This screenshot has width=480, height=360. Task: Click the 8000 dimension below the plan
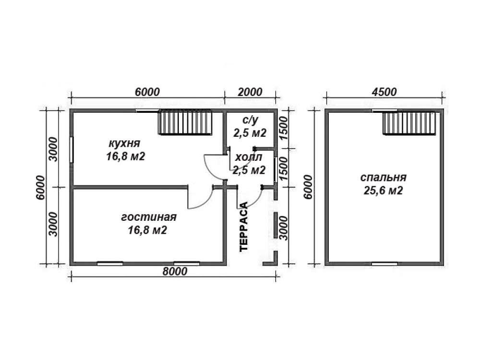175,271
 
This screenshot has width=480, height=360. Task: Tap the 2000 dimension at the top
250,92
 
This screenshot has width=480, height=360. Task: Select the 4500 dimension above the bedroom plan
384,92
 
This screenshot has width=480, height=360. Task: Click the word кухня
124,143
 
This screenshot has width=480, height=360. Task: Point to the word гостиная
149,217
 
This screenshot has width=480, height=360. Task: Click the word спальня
383,177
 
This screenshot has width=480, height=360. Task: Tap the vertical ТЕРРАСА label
244,227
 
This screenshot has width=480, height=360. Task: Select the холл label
249,157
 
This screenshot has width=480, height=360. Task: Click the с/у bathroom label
250,120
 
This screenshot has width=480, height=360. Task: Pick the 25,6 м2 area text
383,191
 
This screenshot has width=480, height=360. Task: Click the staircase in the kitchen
185,122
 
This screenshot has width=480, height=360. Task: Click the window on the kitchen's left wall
72,150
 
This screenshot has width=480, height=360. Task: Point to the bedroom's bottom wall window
384,263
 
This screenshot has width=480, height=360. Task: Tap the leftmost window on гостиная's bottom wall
110,263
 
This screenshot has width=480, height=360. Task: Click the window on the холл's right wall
276,170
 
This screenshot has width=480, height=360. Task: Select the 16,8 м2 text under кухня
125,156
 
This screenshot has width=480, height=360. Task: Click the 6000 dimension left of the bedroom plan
308,187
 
